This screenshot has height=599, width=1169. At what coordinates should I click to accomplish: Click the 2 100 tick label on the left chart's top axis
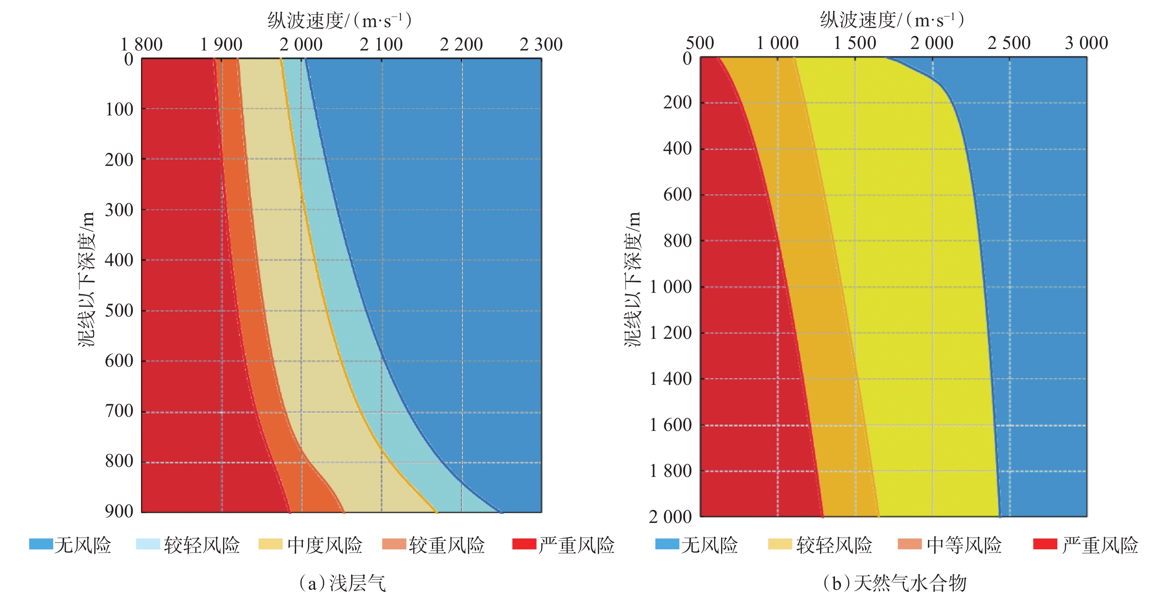pos(381,45)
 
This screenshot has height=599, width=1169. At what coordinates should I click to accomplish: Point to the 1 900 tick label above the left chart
pos(221,45)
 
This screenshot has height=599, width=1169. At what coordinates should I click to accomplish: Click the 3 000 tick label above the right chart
pos(1086,43)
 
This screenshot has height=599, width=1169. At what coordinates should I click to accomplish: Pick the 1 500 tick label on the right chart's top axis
pos(855,43)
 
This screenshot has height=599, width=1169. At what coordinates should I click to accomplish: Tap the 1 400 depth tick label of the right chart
pos(670,379)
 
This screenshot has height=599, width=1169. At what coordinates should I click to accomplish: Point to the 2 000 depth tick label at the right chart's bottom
pos(670,517)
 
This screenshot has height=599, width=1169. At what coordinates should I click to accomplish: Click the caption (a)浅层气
pos(342,583)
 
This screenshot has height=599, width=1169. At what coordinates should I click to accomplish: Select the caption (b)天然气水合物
pos(894,583)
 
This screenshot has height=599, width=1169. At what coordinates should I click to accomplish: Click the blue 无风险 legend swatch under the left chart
pos(41,544)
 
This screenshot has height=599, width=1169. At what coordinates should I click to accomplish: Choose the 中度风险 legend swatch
pos(270,544)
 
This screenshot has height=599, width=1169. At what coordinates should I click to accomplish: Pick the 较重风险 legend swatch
pos(394,544)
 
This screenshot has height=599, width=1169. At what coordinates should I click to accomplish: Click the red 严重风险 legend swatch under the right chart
pos(1045,544)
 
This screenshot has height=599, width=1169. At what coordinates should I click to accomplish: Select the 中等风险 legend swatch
pos(910,544)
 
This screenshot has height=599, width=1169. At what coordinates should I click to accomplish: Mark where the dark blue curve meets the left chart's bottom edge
pos(501,512)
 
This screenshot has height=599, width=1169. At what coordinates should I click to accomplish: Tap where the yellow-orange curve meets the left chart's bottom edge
pos(436,512)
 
